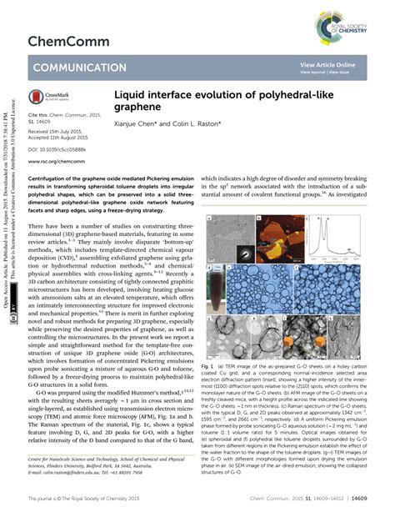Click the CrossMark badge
[52, 97]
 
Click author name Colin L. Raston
[202, 123]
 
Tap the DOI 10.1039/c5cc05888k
[67, 148]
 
